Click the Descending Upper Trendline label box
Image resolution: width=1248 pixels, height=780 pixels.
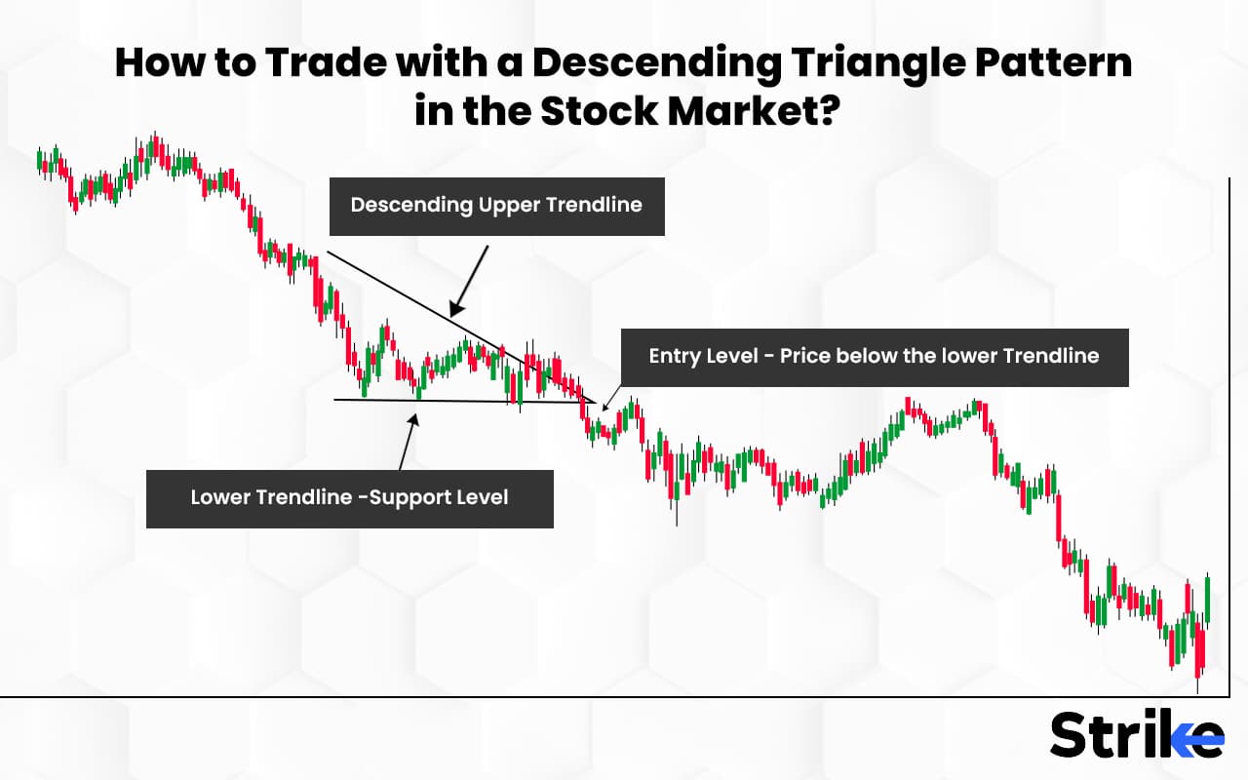(496, 206)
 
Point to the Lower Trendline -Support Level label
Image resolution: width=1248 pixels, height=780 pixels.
(349, 498)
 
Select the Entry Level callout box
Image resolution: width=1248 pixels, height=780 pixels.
(874, 357)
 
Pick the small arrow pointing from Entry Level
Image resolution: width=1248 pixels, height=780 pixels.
(610, 395)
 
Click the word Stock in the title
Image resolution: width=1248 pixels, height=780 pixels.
(597, 111)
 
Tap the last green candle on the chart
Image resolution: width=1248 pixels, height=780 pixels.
(1207, 598)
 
